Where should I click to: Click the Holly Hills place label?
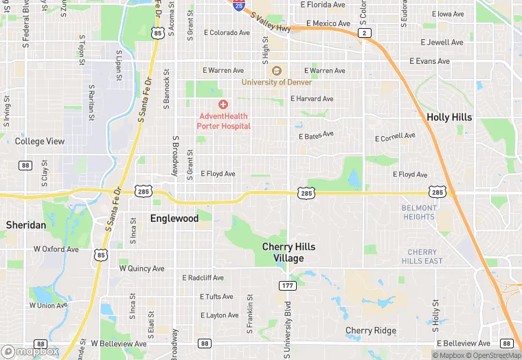tap(449, 117)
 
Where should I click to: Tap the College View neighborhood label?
tap(40, 142)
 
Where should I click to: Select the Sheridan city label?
tap(26, 225)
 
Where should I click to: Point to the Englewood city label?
tap(174, 218)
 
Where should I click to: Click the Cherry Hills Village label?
tap(288, 252)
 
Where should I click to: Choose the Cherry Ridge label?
tap(371, 330)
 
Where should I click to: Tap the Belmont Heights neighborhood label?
tap(419, 212)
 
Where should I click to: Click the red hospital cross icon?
tap(223, 104)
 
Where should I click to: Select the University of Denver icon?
tap(277, 71)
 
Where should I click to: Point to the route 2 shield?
tap(365, 33)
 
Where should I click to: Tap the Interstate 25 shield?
tap(238, 5)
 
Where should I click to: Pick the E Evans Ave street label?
tap(429, 61)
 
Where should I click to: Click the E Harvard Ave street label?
tap(312, 99)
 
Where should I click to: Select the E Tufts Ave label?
tap(216, 297)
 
